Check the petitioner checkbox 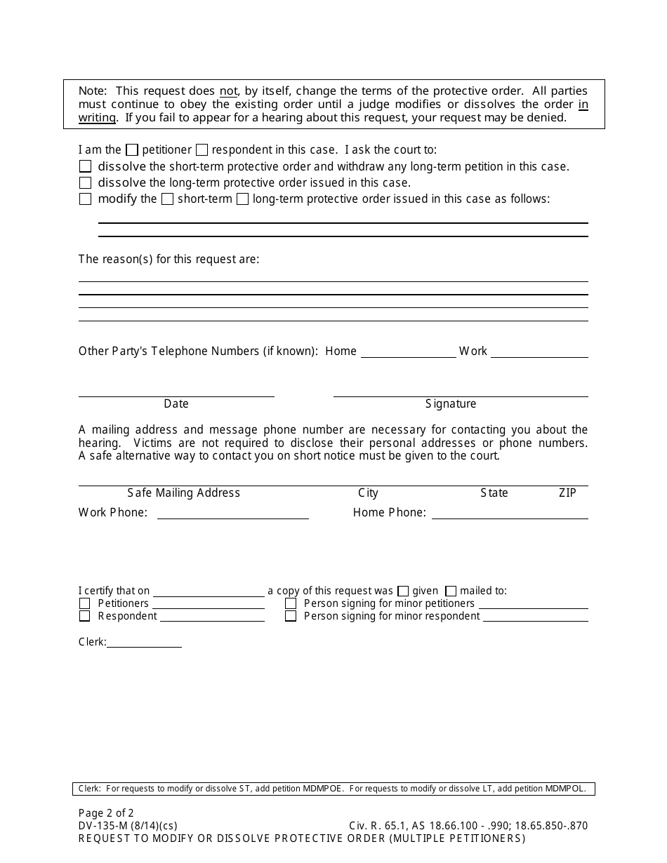click(x=132, y=150)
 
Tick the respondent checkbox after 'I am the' click(x=202, y=150)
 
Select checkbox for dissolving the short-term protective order click(x=86, y=167)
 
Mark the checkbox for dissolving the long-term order click(x=86, y=183)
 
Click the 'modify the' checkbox click(x=86, y=199)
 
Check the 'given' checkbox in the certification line click(x=403, y=591)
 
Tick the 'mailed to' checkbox click(x=451, y=591)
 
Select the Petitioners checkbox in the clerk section click(x=85, y=603)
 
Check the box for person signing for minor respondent click(x=291, y=616)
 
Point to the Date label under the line click(x=176, y=403)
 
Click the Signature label click(x=451, y=403)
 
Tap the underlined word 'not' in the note click(x=228, y=91)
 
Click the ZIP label click(x=567, y=493)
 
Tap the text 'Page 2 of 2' click(x=106, y=814)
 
